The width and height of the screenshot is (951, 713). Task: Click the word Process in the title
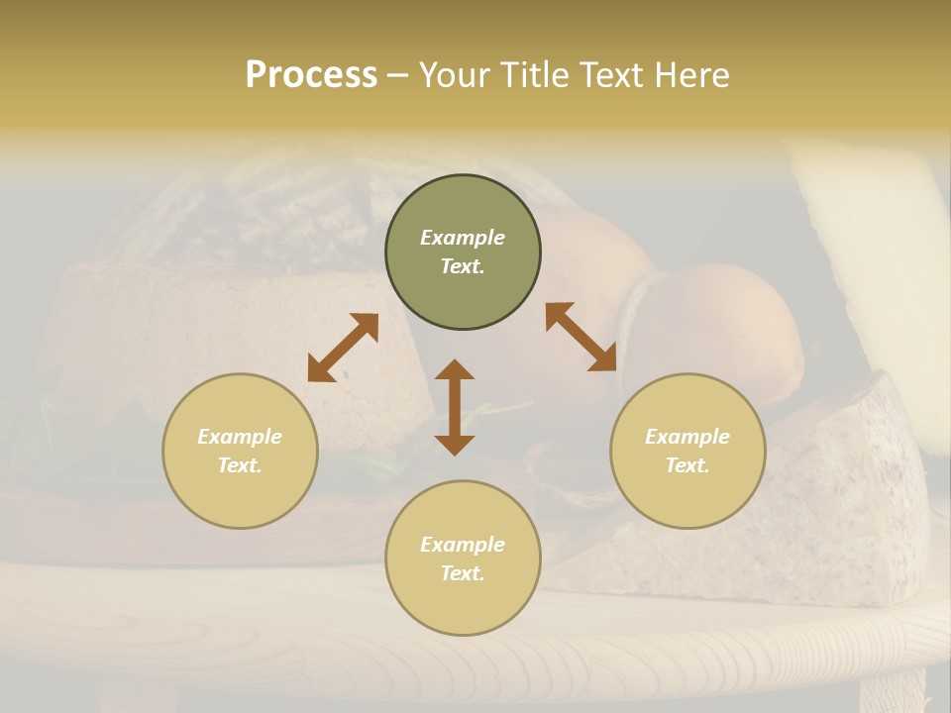pyautogui.click(x=311, y=75)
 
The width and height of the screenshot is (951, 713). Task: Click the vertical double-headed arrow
pyautogui.click(x=455, y=407)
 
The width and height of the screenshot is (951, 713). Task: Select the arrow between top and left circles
pyautogui.click(x=343, y=348)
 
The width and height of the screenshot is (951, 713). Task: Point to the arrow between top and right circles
pyautogui.click(x=581, y=337)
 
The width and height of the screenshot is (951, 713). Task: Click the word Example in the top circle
pyautogui.click(x=463, y=238)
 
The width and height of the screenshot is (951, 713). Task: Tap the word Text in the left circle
pyautogui.click(x=240, y=465)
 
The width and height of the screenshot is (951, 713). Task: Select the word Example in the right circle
pyautogui.click(x=687, y=437)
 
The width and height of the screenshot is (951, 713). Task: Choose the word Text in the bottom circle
pyautogui.click(x=463, y=573)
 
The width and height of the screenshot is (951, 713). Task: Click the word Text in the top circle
pyautogui.click(x=463, y=266)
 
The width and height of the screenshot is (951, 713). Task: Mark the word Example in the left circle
pyautogui.click(x=240, y=437)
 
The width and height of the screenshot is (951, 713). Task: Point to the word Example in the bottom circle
pyautogui.click(x=463, y=545)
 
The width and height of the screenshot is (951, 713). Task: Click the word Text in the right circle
pyautogui.click(x=687, y=465)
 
